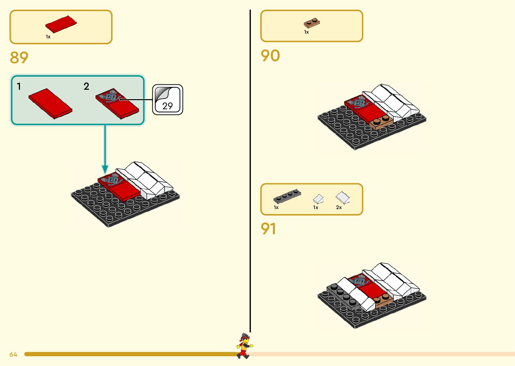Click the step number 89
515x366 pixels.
tap(19, 57)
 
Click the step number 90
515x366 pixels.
tap(270, 56)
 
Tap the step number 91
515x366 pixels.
tap(268, 229)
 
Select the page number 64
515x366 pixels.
tap(13, 354)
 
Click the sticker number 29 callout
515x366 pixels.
tap(168, 100)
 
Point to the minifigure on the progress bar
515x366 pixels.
tap(245, 346)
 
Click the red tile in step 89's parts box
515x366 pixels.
tap(61, 24)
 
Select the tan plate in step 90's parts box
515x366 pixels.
tap(312, 23)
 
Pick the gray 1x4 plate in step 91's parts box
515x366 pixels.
tap(287, 196)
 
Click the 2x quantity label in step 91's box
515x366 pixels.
tap(339, 207)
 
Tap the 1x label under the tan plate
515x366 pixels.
tap(306, 32)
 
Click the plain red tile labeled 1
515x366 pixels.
tap(50, 104)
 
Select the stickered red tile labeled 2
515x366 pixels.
tap(117, 104)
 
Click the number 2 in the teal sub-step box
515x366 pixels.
tap(86, 86)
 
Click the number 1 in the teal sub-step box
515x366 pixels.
tap(19, 86)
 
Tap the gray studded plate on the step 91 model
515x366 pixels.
tap(343, 295)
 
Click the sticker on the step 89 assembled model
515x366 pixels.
tap(112, 181)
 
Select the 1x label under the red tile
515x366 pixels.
tap(48, 37)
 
